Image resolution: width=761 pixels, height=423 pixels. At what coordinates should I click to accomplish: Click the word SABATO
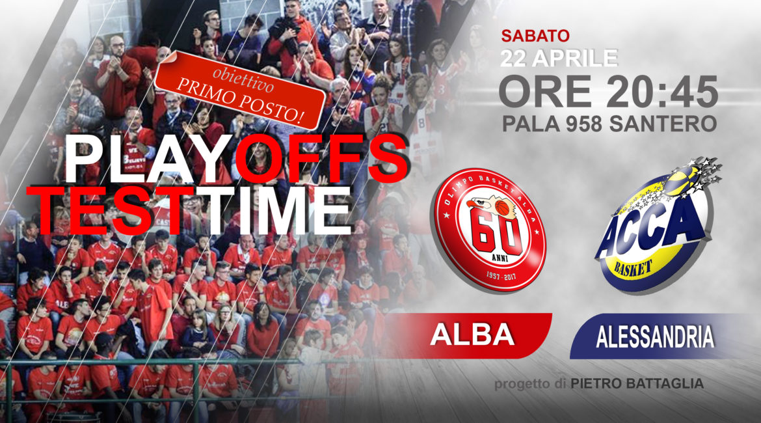click(535, 35)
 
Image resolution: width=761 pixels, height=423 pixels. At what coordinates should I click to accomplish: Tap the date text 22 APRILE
click(559, 59)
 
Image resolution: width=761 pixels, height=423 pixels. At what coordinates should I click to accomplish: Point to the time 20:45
click(663, 91)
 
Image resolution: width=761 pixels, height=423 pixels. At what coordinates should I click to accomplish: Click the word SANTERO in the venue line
click(663, 124)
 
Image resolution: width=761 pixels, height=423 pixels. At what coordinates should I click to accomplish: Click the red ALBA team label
click(472, 336)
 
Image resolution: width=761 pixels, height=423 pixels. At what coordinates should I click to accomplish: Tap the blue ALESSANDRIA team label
click(655, 336)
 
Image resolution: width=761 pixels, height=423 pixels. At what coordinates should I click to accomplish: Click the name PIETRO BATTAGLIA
click(637, 384)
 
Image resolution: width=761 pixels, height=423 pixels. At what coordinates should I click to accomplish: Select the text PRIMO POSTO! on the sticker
click(240, 100)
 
